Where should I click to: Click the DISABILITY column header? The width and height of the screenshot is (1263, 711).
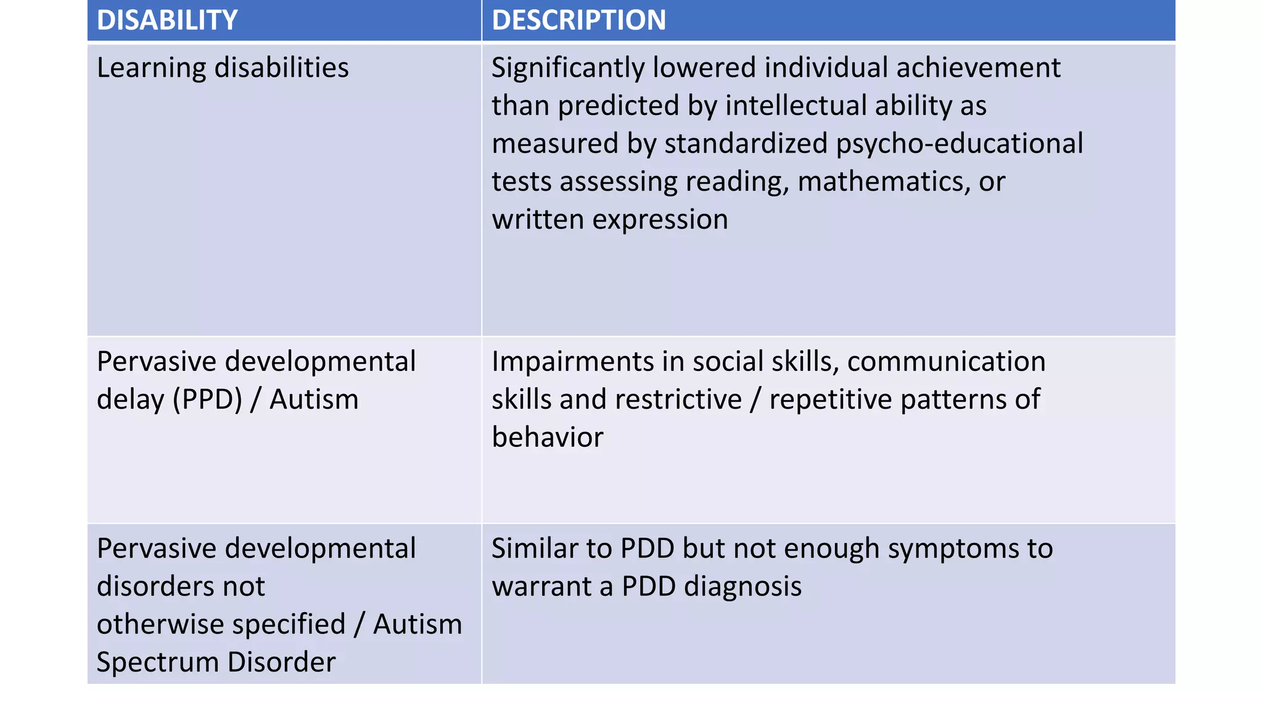(x=167, y=20)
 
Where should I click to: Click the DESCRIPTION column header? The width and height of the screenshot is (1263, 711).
(x=578, y=20)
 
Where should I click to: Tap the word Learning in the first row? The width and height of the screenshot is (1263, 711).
(x=151, y=68)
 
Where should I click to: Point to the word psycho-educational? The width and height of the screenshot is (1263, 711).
(x=959, y=144)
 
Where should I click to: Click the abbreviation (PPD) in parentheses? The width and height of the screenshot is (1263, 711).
(x=207, y=400)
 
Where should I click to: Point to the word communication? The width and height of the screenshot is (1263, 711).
(x=946, y=362)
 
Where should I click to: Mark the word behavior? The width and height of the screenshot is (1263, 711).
(x=548, y=438)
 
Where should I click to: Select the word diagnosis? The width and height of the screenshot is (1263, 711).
(x=743, y=586)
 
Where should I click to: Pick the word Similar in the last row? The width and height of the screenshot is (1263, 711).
(x=530, y=549)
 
